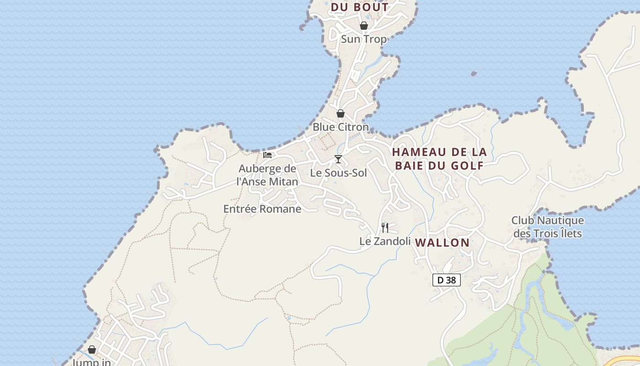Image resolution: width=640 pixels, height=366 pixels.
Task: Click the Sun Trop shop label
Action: (364, 39)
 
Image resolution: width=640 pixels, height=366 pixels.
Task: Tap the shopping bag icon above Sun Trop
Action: (364, 26)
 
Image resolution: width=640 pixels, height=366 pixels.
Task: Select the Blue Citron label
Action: (341, 127)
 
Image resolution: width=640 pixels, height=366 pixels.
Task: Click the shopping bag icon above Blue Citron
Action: (341, 113)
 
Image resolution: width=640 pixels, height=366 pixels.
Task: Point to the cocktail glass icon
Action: (338, 159)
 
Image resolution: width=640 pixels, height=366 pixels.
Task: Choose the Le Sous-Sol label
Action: (338, 173)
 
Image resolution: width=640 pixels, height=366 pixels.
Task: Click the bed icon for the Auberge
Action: (267, 155)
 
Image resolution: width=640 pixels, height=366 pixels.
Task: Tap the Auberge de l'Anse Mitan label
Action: (267, 175)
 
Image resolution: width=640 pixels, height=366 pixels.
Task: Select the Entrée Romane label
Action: (262, 209)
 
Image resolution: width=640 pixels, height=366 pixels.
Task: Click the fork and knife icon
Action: (385, 227)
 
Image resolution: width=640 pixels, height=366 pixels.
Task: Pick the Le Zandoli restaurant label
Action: (385, 241)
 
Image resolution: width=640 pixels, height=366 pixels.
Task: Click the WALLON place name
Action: (443, 243)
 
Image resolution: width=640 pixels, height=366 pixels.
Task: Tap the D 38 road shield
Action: (447, 280)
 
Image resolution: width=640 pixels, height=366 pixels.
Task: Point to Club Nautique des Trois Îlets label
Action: (548, 227)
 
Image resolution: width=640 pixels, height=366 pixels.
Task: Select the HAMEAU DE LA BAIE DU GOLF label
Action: (439, 159)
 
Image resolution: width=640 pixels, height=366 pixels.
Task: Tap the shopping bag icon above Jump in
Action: (92, 350)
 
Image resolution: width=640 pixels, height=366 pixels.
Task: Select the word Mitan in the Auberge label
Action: (284, 182)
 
